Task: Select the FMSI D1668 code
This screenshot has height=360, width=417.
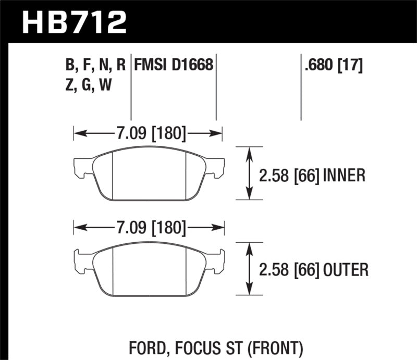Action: (x=174, y=65)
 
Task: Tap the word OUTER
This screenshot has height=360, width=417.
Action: (x=345, y=269)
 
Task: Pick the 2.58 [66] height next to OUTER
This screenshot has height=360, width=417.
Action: (x=289, y=269)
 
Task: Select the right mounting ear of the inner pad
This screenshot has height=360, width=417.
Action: (x=217, y=167)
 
